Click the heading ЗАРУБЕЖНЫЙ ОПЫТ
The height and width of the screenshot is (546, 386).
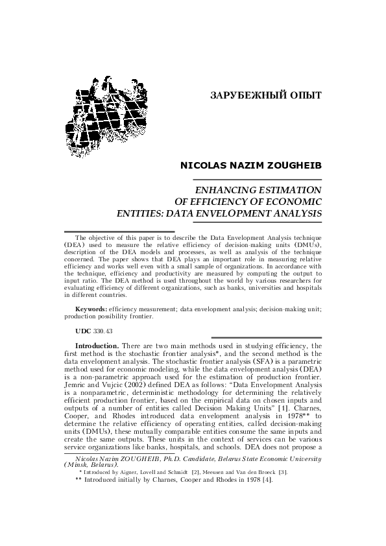[x=266, y=96]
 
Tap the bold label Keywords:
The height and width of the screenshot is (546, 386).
[x=91, y=311]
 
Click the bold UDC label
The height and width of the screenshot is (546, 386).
[x=83, y=331]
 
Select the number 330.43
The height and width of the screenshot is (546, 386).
[x=103, y=331]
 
